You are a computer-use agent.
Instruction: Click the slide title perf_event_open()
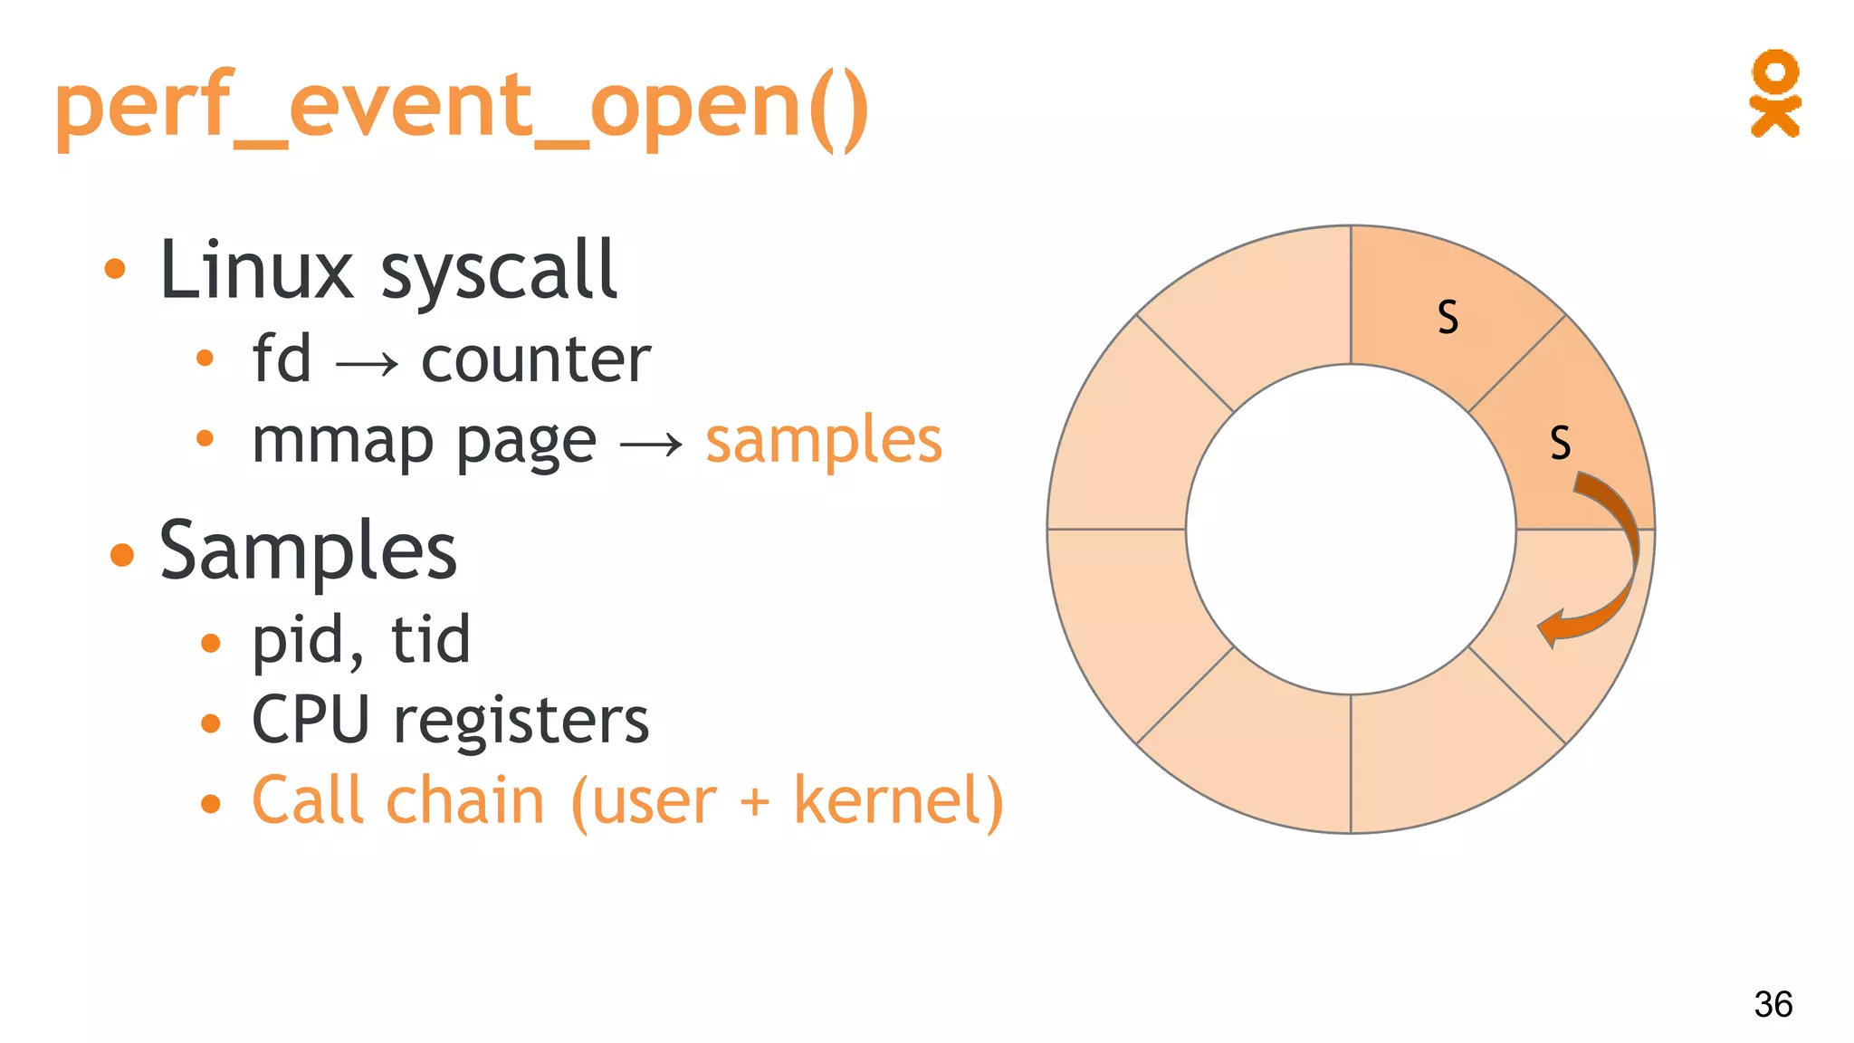click(x=462, y=109)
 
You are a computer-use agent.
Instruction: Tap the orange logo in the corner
click(x=1774, y=93)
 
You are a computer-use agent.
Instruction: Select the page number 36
click(x=1773, y=1004)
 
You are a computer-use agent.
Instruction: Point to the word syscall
click(x=499, y=272)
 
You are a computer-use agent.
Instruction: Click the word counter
click(x=536, y=359)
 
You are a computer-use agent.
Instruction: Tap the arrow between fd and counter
click(x=367, y=364)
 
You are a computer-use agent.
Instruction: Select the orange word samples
click(x=824, y=441)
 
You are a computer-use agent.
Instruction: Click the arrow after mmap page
click(x=651, y=445)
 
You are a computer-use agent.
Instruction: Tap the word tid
click(x=430, y=639)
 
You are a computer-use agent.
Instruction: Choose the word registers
click(x=521, y=721)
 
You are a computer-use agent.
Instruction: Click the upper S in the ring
click(x=1448, y=317)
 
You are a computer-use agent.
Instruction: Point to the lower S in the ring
click(x=1560, y=443)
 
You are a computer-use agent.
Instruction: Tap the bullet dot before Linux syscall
click(x=115, y=269)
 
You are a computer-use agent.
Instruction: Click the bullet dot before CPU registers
click(x=211, y=723)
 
